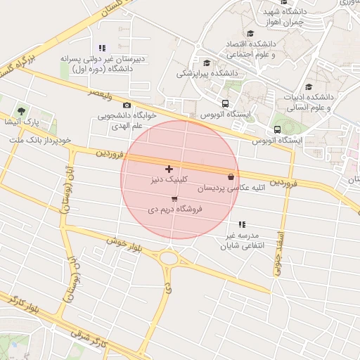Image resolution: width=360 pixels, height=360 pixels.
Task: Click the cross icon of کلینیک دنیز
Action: click(169, 169)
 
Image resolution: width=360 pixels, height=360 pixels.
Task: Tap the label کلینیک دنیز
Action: click(169, 181)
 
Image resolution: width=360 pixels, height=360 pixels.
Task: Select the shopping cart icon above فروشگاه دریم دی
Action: click(174, 199)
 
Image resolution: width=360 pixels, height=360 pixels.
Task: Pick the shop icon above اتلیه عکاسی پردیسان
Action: click(231, 176)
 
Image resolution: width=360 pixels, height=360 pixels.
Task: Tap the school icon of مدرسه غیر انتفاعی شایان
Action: click(242, 224)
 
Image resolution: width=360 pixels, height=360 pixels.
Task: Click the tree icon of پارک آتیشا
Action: click(20, 111)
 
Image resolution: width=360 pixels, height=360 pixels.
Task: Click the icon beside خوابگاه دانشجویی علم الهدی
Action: click(127, 105)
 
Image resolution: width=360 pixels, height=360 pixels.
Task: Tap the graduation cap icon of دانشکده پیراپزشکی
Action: click(206, 63)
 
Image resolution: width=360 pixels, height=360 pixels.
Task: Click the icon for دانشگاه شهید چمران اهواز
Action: click(269, 12)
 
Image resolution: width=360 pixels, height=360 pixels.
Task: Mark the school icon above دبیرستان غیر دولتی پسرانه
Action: click(103, 48)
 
